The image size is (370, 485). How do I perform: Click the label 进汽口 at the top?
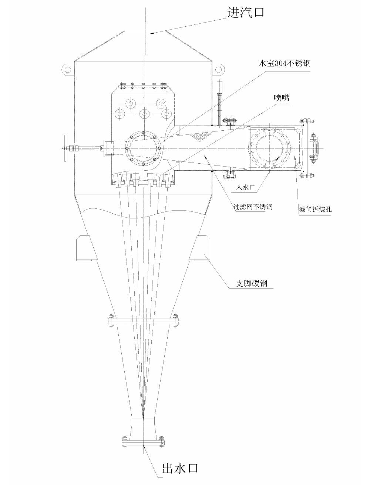coord(246,13)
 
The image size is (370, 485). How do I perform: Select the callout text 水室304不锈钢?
coord(285,63)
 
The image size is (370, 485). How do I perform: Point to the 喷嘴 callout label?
coord(282,98)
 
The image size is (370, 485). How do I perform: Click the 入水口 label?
coord(245,188)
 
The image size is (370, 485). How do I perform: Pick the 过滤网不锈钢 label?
coord(253,207)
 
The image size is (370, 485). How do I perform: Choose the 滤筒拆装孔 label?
coord(315,209)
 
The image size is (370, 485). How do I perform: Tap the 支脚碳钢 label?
coord(252,284)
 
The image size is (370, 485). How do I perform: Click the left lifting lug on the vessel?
coord(68,70)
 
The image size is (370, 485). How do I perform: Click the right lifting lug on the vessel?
coord(219,70)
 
